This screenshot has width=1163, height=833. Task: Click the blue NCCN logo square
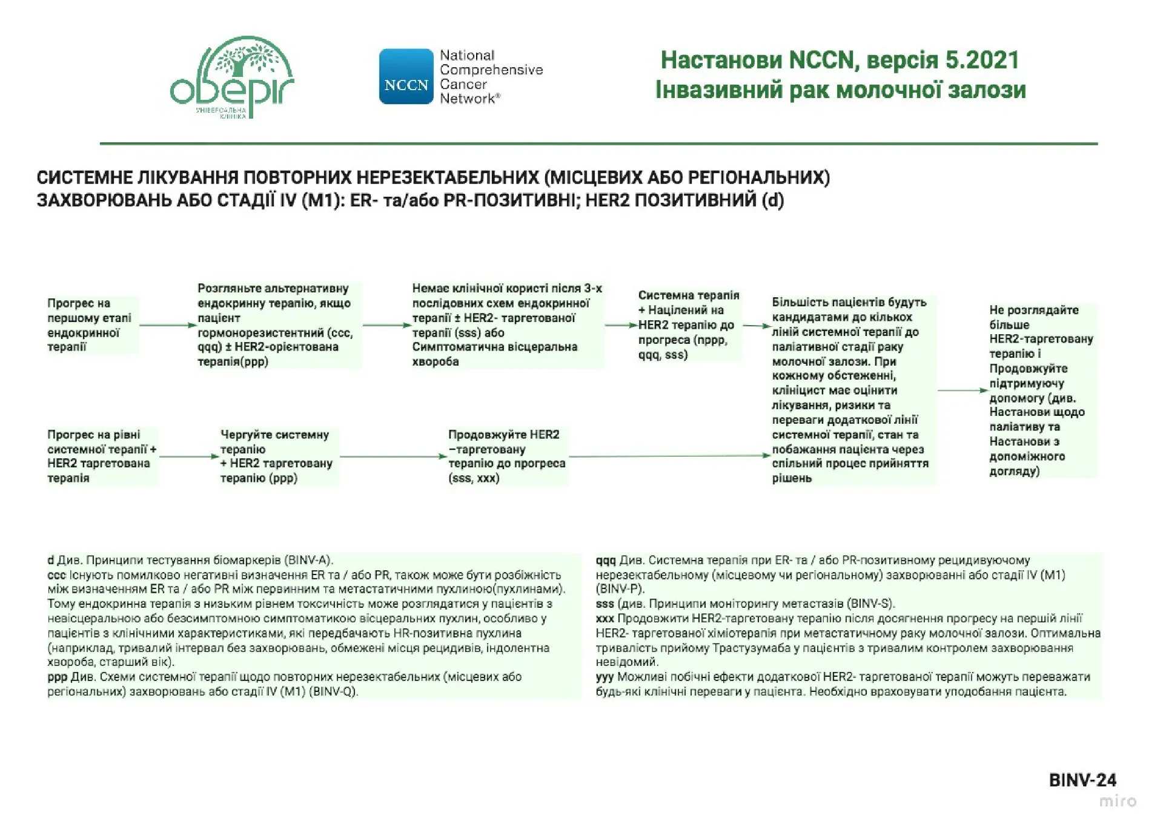406,77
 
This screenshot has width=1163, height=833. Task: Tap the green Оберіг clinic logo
231,77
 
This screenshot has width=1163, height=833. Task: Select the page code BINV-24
1082,780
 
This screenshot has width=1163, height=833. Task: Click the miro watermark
1118,801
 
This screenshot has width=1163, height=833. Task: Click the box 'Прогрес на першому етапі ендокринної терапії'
91,325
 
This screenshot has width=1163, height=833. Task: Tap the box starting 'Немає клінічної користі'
506,325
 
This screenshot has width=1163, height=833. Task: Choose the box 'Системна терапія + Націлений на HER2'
688,325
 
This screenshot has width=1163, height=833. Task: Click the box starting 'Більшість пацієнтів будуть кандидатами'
851,390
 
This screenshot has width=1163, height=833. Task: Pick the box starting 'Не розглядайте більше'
1041,390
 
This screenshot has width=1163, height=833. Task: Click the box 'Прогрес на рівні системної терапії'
101,456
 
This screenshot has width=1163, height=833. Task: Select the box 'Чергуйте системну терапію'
277,456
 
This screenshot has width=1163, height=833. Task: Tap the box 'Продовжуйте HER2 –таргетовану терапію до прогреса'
506,456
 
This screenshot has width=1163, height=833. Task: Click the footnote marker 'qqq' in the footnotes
605,561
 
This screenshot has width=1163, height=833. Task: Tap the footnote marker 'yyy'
605,677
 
